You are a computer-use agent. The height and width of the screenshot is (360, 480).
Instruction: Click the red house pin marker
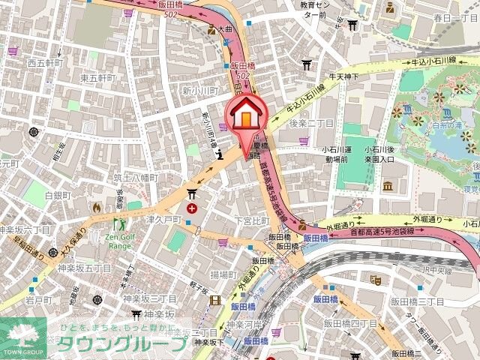[245, 118]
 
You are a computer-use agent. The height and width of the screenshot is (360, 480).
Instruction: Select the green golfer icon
[119, 223]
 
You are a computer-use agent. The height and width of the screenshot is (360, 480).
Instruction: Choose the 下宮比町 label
[251, 220]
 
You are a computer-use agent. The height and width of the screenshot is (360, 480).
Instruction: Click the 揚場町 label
[223, 274]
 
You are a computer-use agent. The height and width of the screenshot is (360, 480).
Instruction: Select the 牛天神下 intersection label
[346, 76]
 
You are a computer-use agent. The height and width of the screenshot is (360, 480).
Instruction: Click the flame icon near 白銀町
[96, 206]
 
